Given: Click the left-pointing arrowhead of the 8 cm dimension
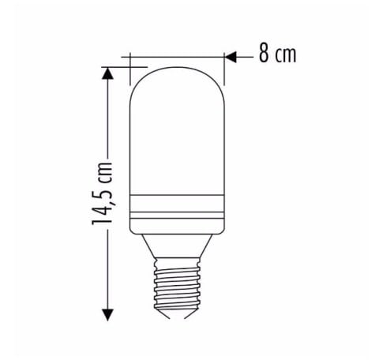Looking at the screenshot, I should point(230,56).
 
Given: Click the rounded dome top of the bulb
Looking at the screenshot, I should point(178,79).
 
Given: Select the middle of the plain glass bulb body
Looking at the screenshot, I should point(178,142).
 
